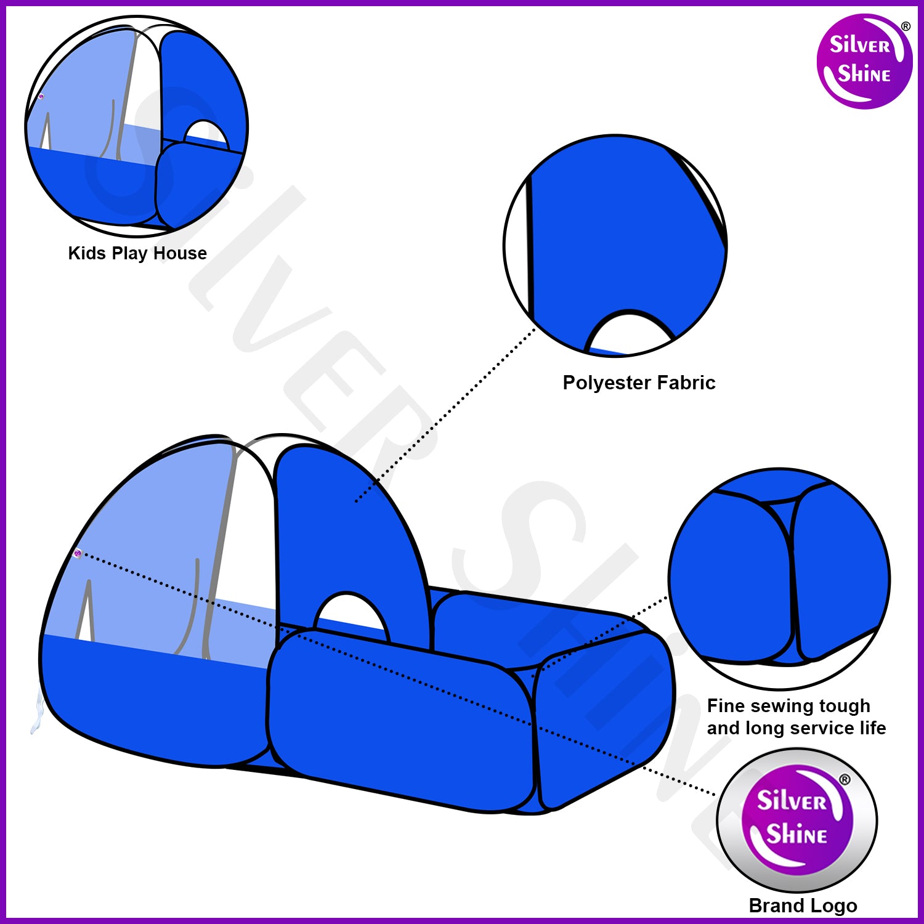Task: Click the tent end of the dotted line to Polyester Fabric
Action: (357, 501)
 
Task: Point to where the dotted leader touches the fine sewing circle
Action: (668, 596)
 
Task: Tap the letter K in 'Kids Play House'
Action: (75, 253)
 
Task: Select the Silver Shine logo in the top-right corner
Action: (864, 62)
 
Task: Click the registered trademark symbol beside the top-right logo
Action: (906, 26)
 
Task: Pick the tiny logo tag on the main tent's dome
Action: (77, 553)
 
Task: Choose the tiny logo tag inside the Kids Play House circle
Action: (41, 96)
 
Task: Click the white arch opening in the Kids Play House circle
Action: (207, 133)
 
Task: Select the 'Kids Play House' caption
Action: (137, 253)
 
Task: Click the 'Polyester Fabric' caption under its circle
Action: (639, 383)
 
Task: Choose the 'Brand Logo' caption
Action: (803, 906)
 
